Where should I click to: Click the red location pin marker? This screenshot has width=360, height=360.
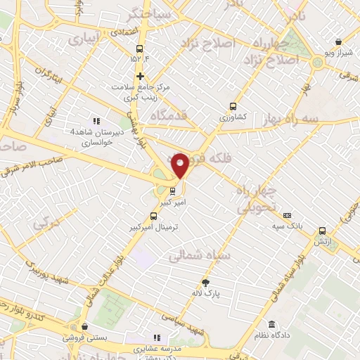(180, 165)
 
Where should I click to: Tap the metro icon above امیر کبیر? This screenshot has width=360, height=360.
(172, 189)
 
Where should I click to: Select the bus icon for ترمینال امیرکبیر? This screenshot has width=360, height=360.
(154, 217)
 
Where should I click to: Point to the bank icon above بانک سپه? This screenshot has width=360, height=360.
(286, 216)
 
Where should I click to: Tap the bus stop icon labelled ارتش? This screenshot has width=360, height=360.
(323, 231)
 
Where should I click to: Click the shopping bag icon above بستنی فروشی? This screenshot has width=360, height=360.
(84, 327)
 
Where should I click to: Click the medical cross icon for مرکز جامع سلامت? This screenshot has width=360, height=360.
(140, 76)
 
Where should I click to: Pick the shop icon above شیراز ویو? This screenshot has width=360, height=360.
(339, 41)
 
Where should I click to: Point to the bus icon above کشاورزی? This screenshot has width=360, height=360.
(233, 106)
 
